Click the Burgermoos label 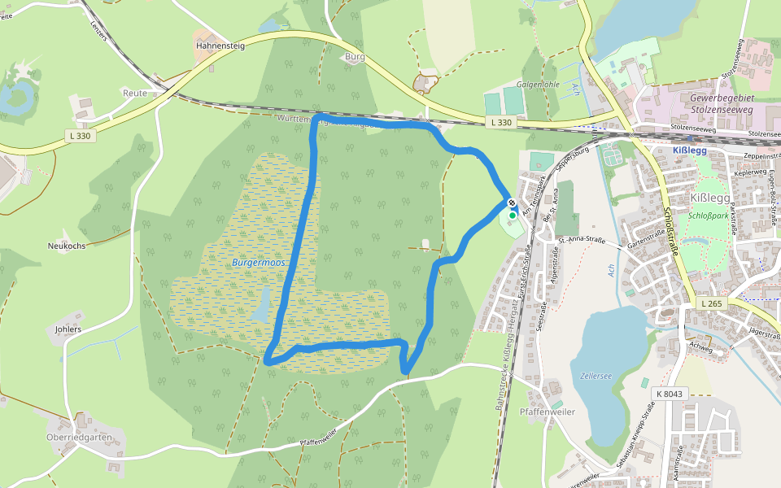[256, 263]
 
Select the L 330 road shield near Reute [80, 136]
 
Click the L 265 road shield [710, 303]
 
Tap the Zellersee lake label [596, 377]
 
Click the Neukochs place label [67, 245]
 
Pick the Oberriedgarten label [79, 437]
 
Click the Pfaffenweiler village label [548, 412]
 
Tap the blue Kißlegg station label [690, 150]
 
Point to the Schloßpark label [708, 216]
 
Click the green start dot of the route [513, 215]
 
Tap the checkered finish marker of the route [512, 203]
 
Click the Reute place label [135, 93]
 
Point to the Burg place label [355, 57]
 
